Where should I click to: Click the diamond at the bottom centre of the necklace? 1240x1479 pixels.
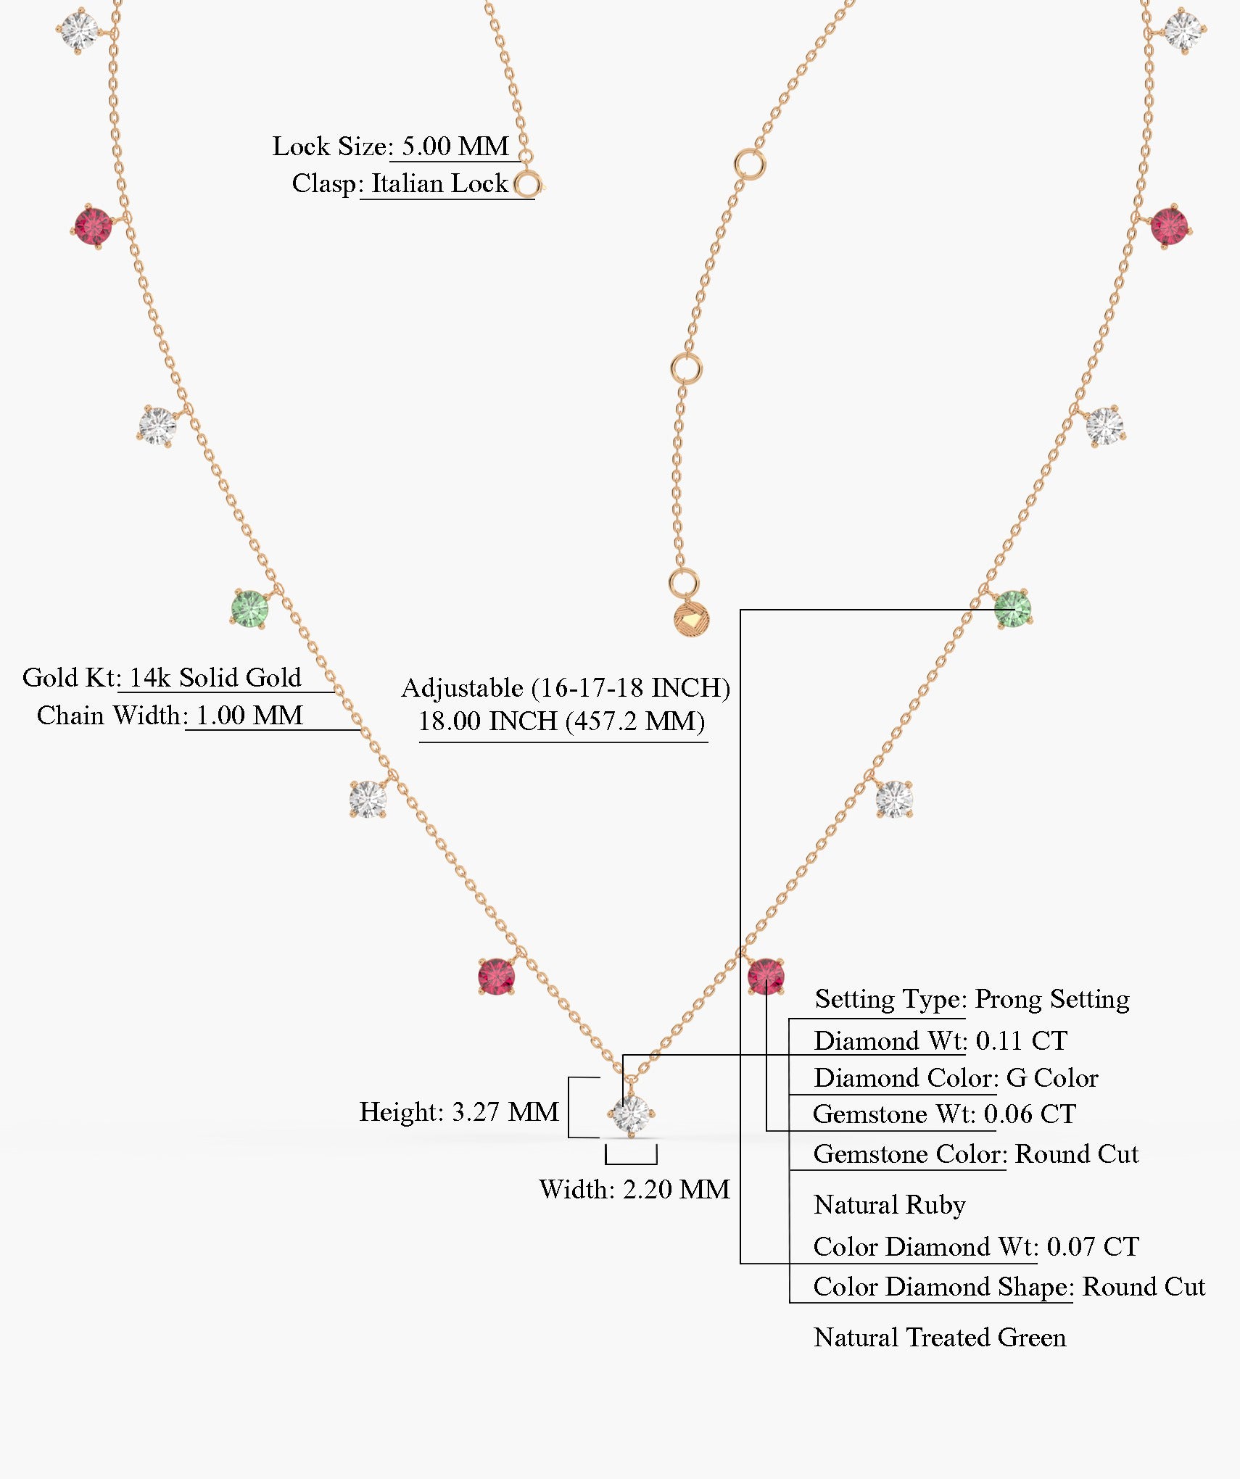[631, 1114]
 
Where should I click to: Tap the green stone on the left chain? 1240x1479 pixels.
[249, 608]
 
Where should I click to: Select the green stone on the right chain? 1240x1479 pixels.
[1012, 608]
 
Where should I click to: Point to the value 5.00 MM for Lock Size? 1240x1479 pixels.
[455, 146]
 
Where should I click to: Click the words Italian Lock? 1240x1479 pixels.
[439, 183]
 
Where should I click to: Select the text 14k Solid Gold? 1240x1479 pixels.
[215, 677]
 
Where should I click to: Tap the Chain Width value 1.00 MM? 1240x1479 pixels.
[249, 716]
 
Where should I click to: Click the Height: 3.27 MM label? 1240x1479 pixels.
[459, 1111]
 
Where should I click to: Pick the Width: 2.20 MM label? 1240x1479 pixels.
[634, 1189]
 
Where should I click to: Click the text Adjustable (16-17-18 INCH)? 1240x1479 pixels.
[566, 687]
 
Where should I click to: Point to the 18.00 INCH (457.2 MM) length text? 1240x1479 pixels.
[561, 721]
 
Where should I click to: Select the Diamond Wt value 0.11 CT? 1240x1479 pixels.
[1021, 1040]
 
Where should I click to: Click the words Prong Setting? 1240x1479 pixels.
[1051, 998]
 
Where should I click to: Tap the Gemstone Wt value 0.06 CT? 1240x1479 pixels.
[1029, 1114]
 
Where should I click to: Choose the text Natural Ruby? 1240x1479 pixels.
[889, 1204]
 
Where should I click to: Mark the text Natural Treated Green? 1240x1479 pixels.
[939, 1337]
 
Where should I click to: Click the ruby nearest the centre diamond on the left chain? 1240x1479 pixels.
[496, 976]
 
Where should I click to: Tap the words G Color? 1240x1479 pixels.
[1051, 1078]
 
